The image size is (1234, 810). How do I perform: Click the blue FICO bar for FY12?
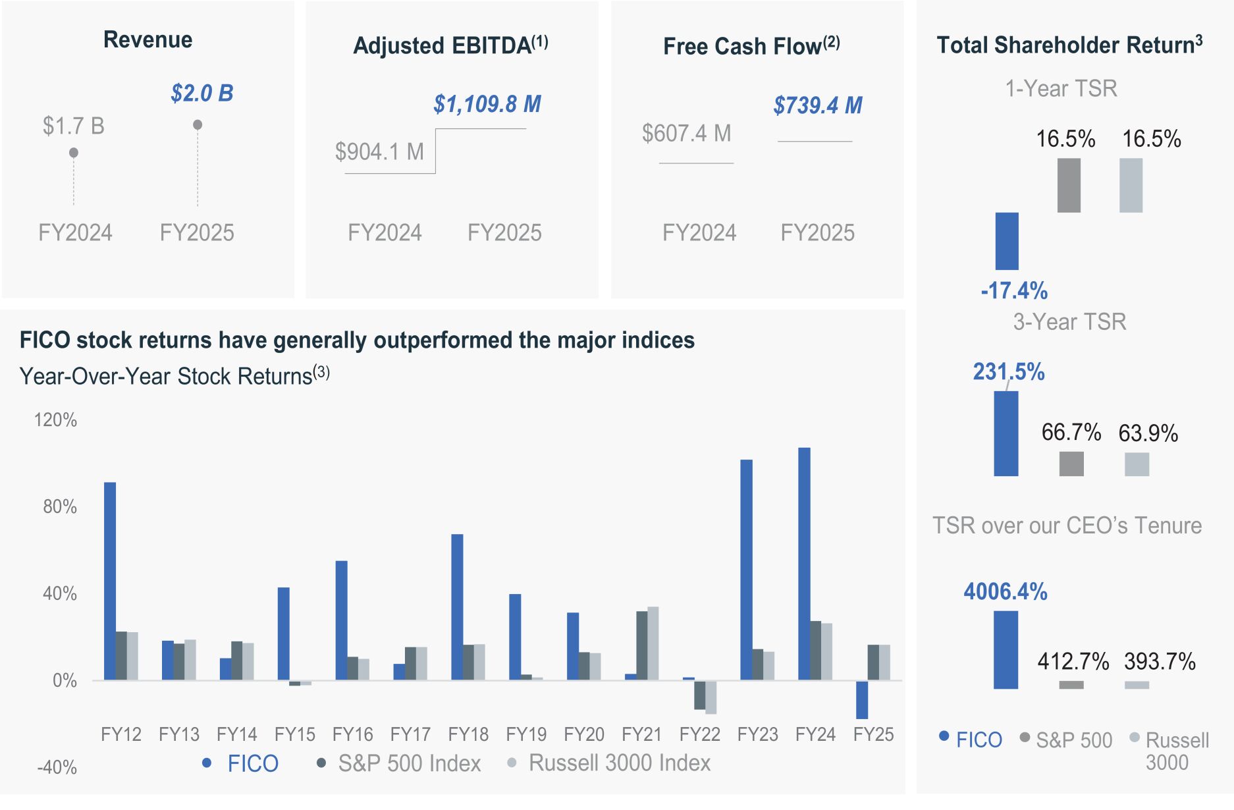[110, 581]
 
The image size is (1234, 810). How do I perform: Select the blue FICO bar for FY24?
[804, 564]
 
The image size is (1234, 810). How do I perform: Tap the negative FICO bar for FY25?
[862, 699]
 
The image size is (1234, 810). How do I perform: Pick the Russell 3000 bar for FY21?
[653, 643]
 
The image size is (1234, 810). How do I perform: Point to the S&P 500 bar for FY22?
[699, 695]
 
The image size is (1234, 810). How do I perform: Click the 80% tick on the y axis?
[60, 506]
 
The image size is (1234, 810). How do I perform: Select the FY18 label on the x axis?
[468, 734]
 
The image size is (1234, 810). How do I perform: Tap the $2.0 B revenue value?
[202, 93]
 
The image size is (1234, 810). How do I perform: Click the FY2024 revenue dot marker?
[74, 153]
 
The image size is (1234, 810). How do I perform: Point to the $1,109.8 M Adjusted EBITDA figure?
[487, 104]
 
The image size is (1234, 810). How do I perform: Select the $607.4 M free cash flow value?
[687, 134]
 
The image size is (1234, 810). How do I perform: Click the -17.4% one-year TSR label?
[1014, 290]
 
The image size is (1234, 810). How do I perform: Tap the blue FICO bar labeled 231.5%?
[1006, 433]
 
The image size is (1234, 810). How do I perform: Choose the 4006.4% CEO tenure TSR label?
[1006, 591]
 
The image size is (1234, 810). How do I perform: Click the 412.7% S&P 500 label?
[1073, 661]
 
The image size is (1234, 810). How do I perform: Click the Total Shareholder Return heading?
[1069, 45]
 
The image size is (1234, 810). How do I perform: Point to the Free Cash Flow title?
[751, 46]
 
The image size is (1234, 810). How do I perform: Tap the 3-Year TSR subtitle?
[1069, 322]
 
